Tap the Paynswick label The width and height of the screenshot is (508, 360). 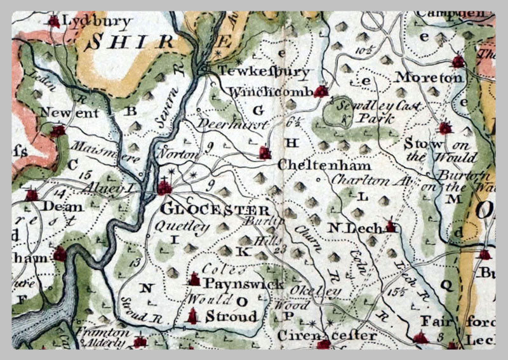click(x=244, y=284)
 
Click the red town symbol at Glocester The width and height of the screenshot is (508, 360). click(x=165, y=187)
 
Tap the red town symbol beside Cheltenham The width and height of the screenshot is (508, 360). click(x=265, y=152)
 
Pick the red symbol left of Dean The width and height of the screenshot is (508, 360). click(x=31, y=194)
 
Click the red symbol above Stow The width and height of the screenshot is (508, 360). click(x=445, y=128)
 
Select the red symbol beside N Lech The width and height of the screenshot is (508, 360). click(x=392, y=226)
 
